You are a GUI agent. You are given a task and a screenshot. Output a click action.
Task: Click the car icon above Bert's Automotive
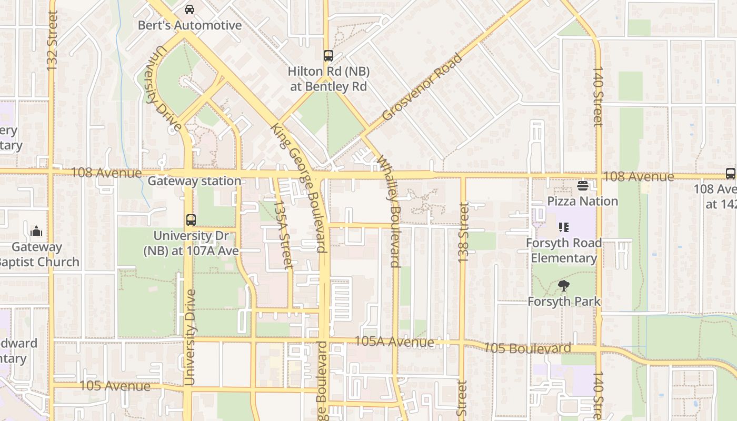click(190, 9)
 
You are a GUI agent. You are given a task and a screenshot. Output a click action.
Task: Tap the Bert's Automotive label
click(190, 25)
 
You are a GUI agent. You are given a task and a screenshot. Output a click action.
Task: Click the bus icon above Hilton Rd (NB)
click(328, 55)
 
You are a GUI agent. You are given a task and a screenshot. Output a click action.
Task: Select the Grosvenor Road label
click(422, 87)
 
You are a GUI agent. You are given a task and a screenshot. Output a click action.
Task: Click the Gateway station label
click(194, 182)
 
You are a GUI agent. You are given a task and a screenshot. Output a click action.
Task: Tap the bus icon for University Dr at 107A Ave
click(191, 220)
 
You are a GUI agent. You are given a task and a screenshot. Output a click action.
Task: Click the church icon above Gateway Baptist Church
click(36, 231)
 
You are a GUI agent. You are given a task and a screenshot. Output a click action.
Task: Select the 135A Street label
click(283, 234)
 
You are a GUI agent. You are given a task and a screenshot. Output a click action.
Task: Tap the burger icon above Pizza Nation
click(582, 186)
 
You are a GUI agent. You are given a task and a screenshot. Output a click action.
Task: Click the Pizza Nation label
click(582, 201)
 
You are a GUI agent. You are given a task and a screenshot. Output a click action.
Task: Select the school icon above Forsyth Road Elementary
click(564, 227)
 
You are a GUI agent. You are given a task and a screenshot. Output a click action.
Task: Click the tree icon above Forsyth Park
click(564, 286)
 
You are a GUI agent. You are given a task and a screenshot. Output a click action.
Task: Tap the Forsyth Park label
click(564, 302)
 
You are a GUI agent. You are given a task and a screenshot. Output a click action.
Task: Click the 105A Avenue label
click(394, 342)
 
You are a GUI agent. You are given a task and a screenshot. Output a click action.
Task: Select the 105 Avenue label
click(115, 386)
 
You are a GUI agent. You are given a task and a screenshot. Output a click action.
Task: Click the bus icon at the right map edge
click(730, 174)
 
